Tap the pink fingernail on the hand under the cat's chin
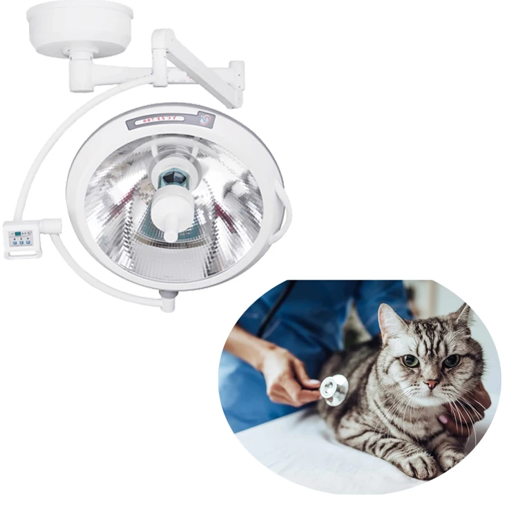[443, 419]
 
